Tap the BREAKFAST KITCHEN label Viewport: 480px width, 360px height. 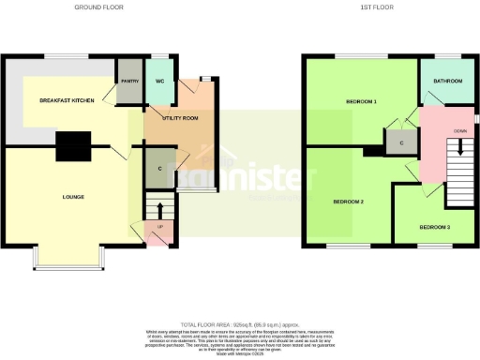click(x=66, y=98)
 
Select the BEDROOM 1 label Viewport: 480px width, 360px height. click(x=361, y=100)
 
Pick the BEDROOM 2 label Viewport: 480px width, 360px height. click(x=348, y=202)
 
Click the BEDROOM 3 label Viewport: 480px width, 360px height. click(x=434, y=228)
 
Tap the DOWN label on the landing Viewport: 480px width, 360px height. click(x=460, y=131)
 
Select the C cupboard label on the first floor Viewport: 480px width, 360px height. click(x=401, y=142)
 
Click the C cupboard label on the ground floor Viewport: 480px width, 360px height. click(x=150, y=169)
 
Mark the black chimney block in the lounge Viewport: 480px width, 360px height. click(x=71, y=146)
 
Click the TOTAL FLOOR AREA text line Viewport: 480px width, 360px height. click(x=239, y=323)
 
